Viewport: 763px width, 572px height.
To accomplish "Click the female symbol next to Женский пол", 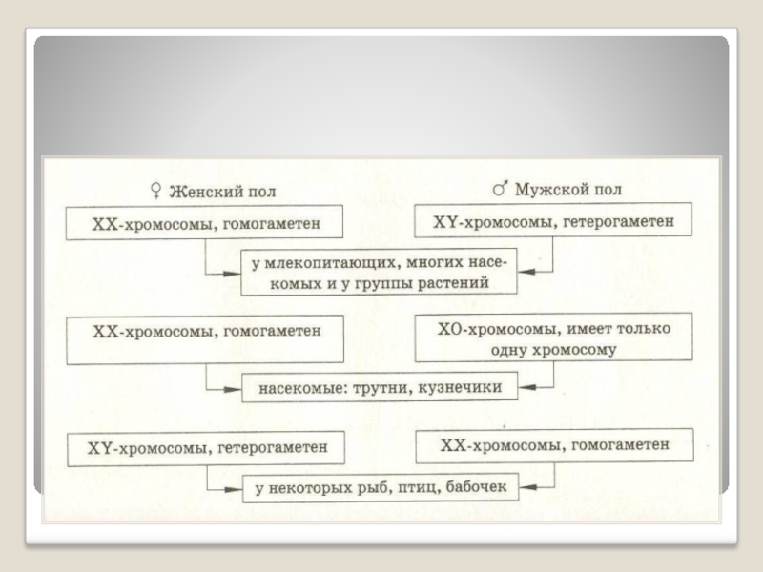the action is pyautogui.click(x=157, y=191).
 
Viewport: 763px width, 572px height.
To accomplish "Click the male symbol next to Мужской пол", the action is pyautogui.click(x=499, y=190).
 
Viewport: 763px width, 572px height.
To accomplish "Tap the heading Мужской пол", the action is pyautogui.click(x=568, y=190).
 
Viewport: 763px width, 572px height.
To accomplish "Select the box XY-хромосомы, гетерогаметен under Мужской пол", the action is pyautogui.click(x=554, y=222).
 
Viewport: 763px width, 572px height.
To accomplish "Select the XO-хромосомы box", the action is pyautogui.click(x=554, y=339).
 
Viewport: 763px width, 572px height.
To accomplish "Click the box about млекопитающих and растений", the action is pyautogui.click(x=377, y=272).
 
